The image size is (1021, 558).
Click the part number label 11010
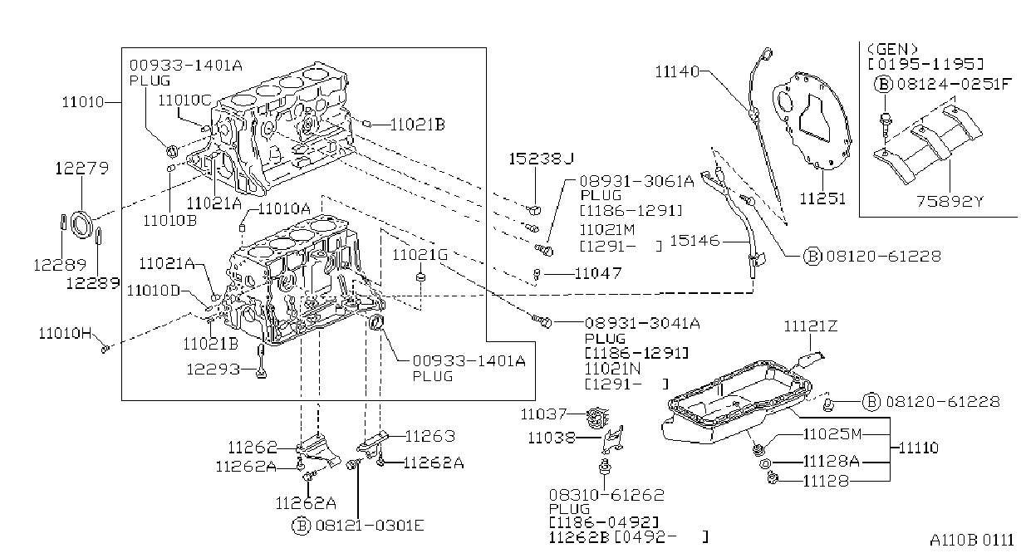click(83, 102)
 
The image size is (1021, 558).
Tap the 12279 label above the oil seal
click(82, 169)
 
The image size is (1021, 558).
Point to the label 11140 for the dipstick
click(677, 71)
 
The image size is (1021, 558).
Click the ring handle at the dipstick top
click(768, 54)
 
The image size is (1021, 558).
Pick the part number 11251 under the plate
click(822, 198)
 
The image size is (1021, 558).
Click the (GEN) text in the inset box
click(892, 49)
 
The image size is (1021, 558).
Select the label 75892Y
click(950, 201)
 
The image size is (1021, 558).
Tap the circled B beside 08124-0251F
click(883, 84)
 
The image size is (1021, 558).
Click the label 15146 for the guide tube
click(695, 241)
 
